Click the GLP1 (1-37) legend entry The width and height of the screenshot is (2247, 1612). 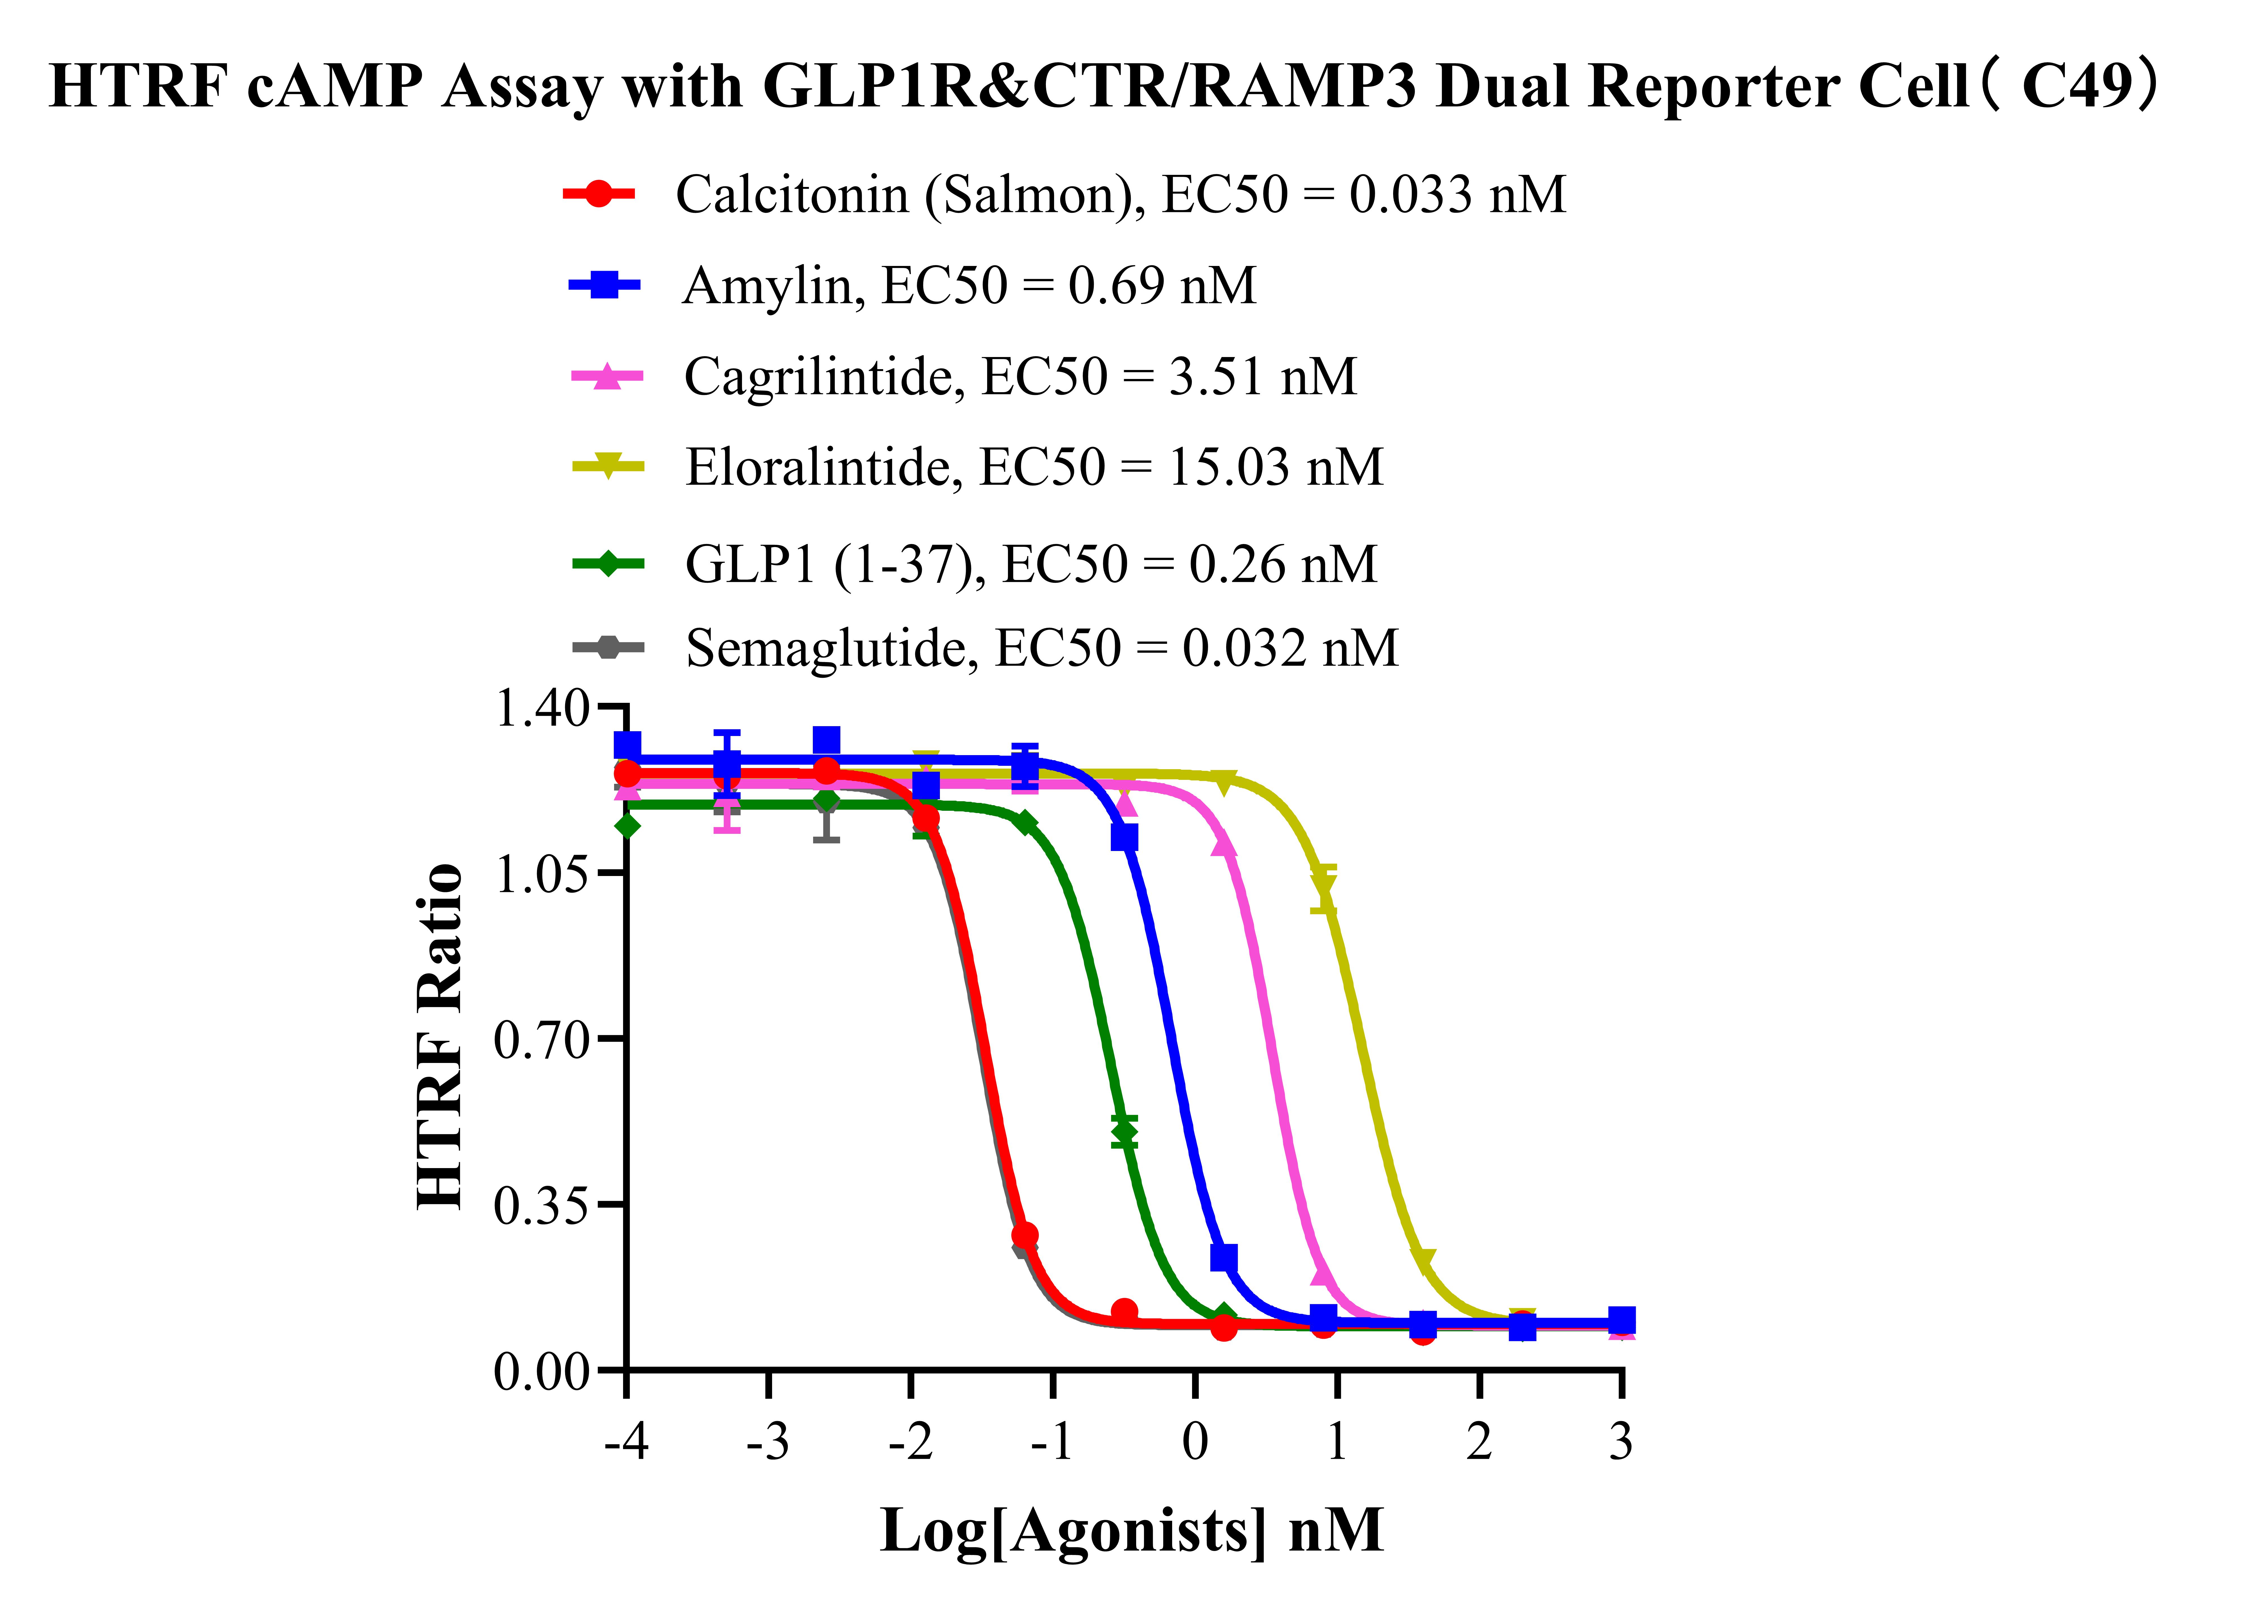coord(1030,565)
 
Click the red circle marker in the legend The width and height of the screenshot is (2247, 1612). coord(598,194)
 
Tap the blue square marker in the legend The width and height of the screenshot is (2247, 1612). coord(604,285)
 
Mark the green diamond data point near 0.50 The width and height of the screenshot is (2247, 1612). coord(1123,1130)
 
